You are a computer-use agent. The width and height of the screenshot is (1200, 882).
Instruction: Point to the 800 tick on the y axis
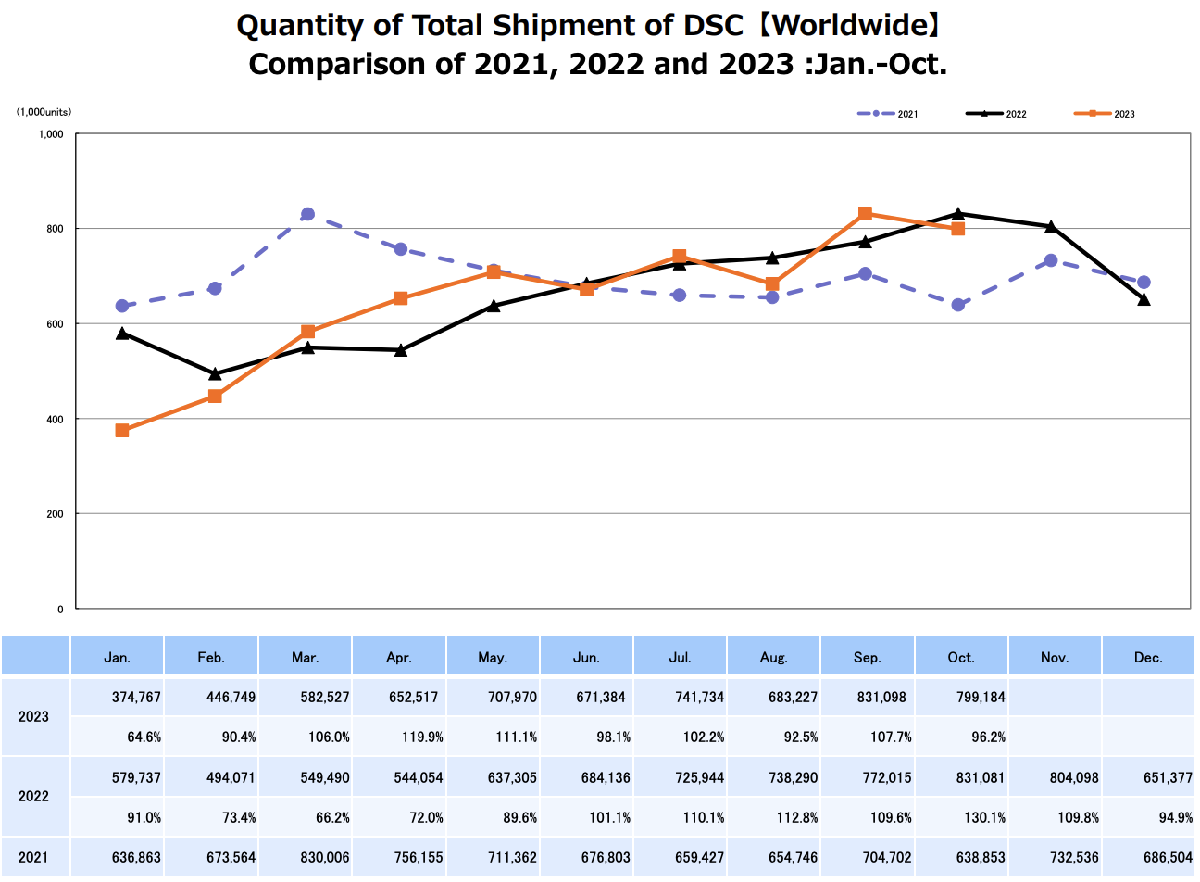[x=56, y=229]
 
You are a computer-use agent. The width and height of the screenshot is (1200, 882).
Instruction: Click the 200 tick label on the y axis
[x=56, y=514]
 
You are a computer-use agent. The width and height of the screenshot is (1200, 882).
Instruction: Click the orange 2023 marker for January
[x=122, y=431]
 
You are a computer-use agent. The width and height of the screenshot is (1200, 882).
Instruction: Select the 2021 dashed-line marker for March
[x=307, y=214]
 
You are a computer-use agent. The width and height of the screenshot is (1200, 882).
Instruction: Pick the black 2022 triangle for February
[x=215, y=374]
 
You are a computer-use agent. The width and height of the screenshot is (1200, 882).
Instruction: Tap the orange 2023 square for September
[x=865, y=214]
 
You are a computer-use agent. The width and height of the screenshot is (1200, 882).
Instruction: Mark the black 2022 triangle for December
[x=1144, y=299]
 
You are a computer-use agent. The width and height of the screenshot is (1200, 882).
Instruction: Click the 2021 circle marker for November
[x=1051, y=260]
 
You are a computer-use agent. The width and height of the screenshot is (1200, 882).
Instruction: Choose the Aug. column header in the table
[x=773, y=657]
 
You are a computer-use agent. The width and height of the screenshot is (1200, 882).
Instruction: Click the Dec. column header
[x=1148, y=657]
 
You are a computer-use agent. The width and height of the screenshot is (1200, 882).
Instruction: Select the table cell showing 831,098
[x=881, y=697]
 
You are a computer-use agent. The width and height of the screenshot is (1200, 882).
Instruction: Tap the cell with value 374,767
[x=136, y=697]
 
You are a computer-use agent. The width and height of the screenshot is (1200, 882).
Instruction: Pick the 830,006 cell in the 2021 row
[x=324, y=857]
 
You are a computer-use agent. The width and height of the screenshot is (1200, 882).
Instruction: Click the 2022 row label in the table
[x=33, y=796]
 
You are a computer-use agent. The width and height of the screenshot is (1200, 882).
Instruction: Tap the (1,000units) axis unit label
[x=44, y=112]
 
